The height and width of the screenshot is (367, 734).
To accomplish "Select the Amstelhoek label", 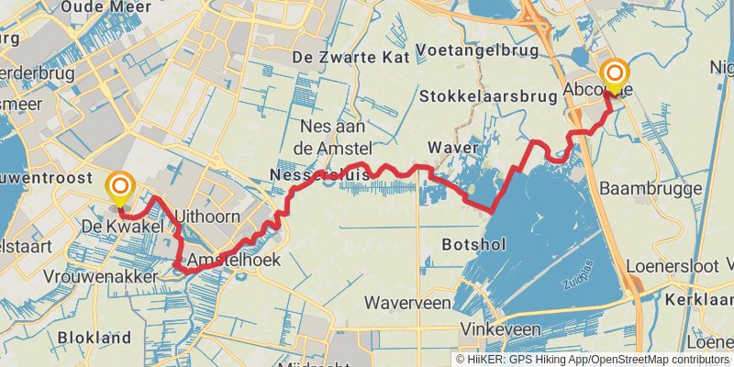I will (233, 261).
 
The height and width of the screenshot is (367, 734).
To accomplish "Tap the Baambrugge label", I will (650, 188).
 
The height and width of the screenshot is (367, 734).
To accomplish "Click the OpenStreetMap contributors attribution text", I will (658, 360).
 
